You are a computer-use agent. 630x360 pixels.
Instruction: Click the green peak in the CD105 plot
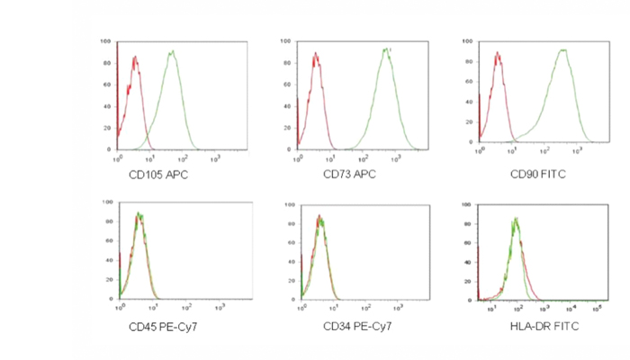[x=171, y=52]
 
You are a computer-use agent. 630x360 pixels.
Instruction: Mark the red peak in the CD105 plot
[x=134, y=59]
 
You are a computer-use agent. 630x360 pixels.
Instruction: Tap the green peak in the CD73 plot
[x=386, y=50]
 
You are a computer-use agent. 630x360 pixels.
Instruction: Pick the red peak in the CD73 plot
[x=316, y=55]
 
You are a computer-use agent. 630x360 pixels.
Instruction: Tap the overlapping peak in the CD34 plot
[x=319, y=218]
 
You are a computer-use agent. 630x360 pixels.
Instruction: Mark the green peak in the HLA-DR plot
[x=515, y=220]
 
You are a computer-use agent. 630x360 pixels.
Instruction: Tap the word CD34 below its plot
[x=337, y=325]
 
